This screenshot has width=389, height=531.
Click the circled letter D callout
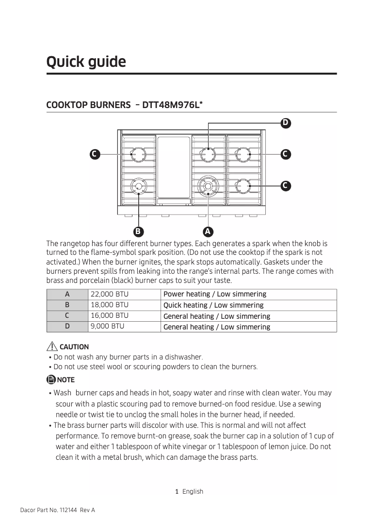(x=286, y=123)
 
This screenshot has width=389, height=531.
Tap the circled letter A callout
(x=208, y=231)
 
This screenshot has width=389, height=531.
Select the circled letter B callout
(x=138, y=231)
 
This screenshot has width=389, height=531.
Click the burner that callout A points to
(x=208, y=186)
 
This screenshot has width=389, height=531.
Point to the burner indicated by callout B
(x=139, y=186)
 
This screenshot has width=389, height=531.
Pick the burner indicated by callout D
(x=209, y=155)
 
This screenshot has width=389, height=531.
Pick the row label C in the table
(x=67, y=316)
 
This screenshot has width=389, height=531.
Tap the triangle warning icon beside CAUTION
(x=52, y=346)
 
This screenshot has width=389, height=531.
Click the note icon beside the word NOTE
(x=51, y=379)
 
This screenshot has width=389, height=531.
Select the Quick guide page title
(x=86, y=62)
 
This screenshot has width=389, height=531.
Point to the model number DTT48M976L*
(x=173, y=105)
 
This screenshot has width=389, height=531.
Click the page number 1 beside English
(x=177, y=491)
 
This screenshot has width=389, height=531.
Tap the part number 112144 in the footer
(x=66, y=510)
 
